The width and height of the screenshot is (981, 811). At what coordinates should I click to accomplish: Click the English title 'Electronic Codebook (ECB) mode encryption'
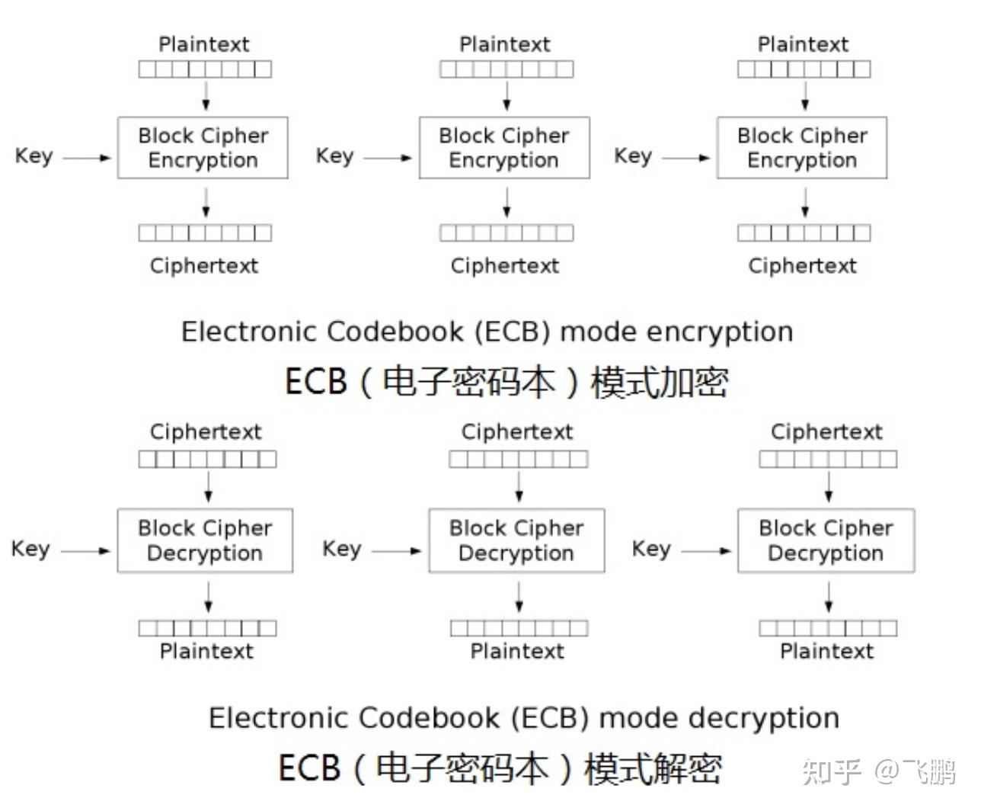[487, 332]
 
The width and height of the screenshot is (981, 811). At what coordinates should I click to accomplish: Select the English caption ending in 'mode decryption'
[524, 718]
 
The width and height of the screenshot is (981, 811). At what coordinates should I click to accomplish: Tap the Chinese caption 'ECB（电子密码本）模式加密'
[506, 381]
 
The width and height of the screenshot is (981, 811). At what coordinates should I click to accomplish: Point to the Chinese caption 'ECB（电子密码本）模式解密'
[500, 768]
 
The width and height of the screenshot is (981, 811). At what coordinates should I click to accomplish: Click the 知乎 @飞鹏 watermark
[879, 771]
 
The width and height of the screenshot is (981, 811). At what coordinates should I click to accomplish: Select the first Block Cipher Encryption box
[203, 148]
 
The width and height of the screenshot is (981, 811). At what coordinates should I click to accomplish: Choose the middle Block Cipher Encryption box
[504, 148]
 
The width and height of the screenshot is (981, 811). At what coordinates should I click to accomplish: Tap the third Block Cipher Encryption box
[802, 148]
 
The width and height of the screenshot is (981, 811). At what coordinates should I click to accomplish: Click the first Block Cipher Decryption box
[205, 540]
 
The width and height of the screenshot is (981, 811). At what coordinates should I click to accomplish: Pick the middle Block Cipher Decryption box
[516, 540]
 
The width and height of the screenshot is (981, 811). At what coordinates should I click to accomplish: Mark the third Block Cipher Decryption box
[826, 540]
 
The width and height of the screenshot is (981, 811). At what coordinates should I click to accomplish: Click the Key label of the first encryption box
[34, 156]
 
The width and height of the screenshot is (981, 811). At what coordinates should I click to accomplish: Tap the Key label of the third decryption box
[652, 549]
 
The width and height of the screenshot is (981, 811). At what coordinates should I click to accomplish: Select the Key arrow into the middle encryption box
[388, 158]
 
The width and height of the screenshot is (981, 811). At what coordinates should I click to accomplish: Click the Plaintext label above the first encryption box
[204, 44]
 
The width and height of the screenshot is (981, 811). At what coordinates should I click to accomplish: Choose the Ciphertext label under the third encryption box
[802, 266]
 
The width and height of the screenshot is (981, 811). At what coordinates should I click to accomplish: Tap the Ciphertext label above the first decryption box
[206, 432]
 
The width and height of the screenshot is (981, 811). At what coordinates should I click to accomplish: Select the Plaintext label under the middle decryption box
[517, 652]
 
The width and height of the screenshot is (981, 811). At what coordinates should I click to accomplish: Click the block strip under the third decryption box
[828, 628]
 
